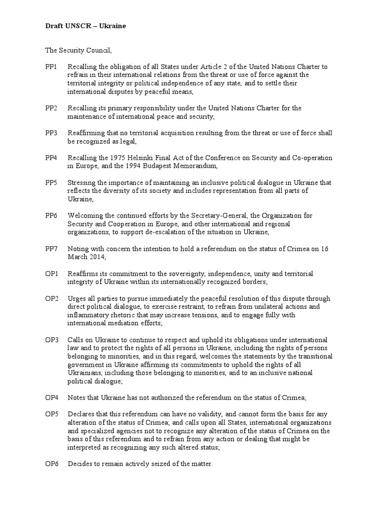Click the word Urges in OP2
[76, 299]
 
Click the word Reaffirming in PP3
[87, 133]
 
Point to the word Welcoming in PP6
[85, 216]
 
